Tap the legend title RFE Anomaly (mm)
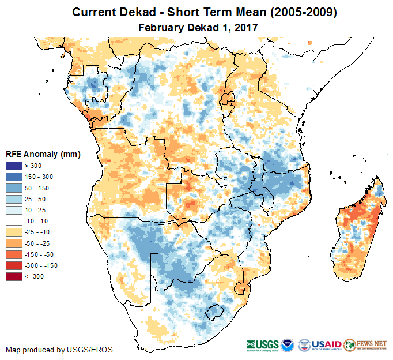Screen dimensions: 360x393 [43, 155]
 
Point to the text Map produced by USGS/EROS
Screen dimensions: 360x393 [59, 350]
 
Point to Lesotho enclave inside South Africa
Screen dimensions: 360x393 [215, 312]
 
